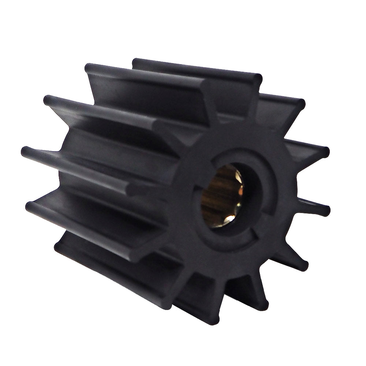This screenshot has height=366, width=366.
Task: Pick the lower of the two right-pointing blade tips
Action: click(x=325, y=210)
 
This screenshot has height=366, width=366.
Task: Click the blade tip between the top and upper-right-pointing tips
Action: click(x=300, y=104)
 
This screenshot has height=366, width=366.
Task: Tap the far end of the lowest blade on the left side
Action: click(x=59, y=246)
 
